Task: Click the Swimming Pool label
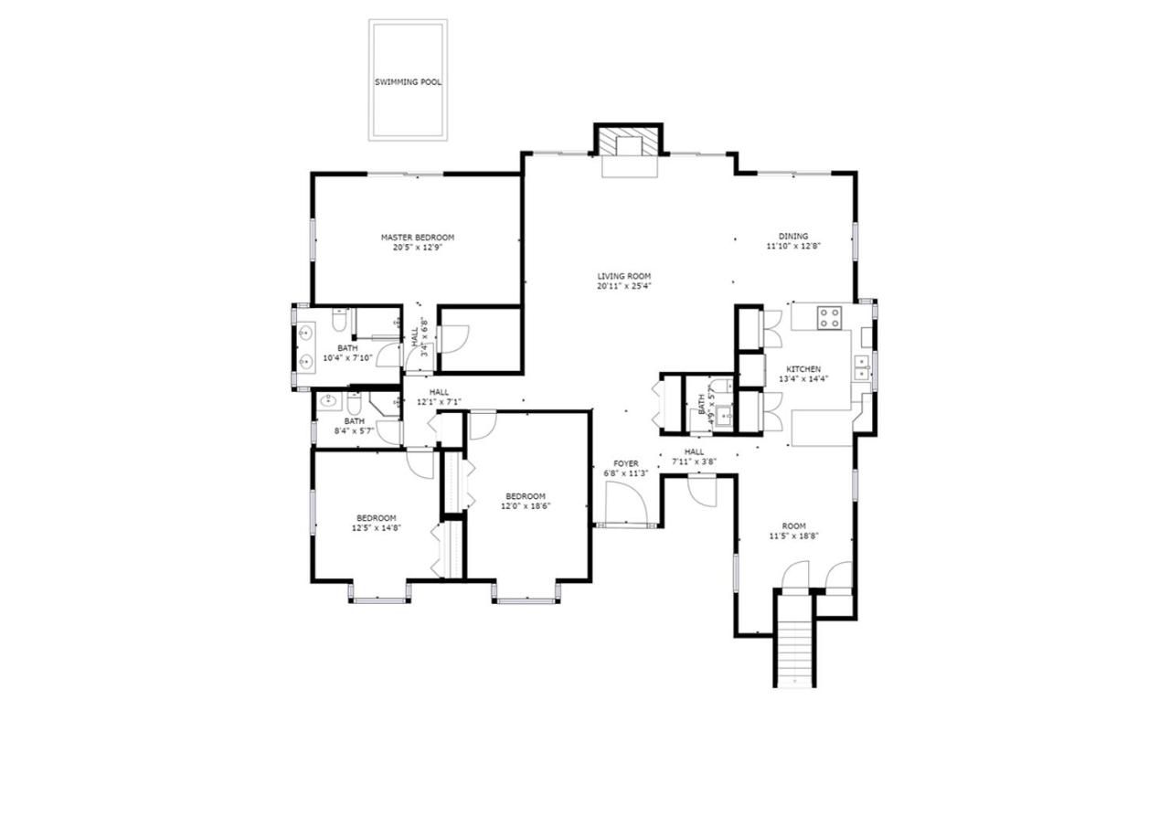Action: (x=408, y=82)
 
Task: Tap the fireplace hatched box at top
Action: (x=628, y=140)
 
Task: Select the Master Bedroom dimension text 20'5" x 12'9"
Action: (x=418, y=248)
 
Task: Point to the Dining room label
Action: (x=793, y=237)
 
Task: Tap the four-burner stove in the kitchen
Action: (x=829, y=317)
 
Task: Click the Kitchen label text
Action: (x=803, y=369)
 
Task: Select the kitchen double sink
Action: (x=861, y=367)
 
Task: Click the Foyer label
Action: (x=626, y=464)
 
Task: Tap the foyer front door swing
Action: (x=626, y=502)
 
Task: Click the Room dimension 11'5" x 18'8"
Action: (x=793, y=535)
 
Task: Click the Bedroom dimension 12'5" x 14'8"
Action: (x=377, y=528)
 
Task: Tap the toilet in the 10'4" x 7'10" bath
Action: (x=340, y=320)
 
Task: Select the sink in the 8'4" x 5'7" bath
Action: (x=329, y=402)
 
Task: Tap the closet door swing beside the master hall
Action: (x=454, y=339)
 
